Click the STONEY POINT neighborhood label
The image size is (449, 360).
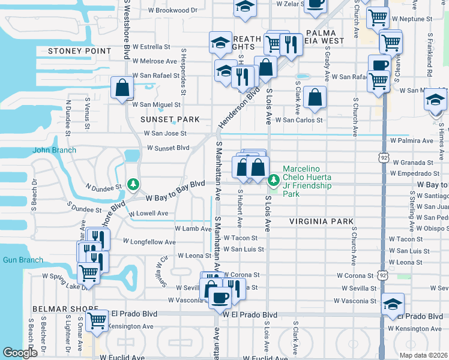(76, 52)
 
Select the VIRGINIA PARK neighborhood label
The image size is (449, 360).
(322, 221)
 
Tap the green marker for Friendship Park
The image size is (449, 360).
(274, 179)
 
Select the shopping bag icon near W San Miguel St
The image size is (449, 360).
(122, 88)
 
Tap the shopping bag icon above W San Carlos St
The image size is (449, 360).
(315, 97)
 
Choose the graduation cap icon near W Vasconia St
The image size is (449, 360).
(393, 304)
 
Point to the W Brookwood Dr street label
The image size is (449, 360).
(172, 10)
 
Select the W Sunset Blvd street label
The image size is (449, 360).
(168, 148)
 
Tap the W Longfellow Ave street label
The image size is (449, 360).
(149, 242)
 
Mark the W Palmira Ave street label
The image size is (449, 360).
(411, 141)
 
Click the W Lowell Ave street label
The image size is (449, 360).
(147, 213)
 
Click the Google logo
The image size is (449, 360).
(20, 353)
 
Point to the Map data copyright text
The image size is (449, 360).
(424, 355)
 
